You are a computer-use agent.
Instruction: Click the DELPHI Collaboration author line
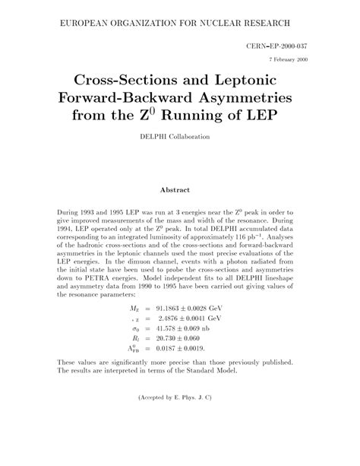(179, 137)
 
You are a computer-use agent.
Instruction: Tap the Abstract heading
(179, 189)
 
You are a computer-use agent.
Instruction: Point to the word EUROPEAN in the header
(83, 26)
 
